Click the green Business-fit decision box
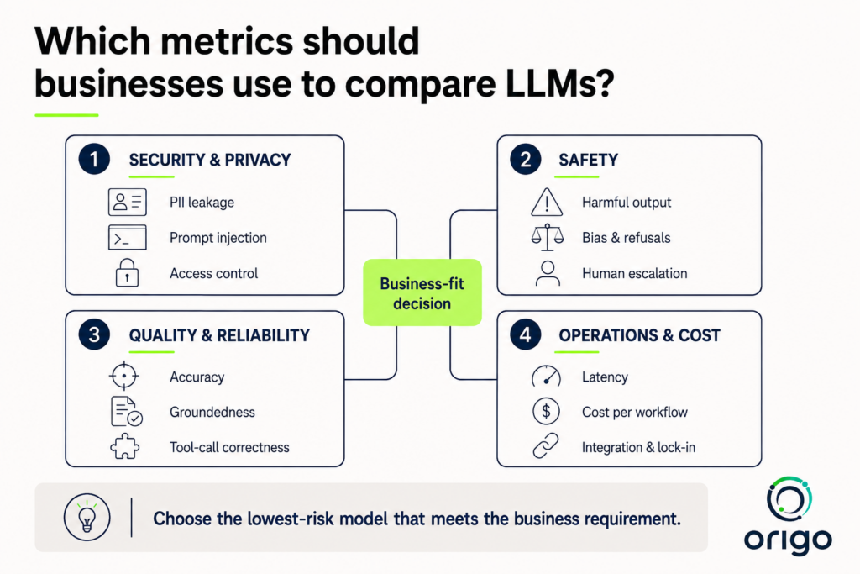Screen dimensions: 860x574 pyautogui.click(x=422, y=292)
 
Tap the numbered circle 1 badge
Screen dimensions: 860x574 pyautogui.click(x=94, y=159)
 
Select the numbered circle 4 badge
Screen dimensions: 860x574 pyautogui.click(x=526, y=334)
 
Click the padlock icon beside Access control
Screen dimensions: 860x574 pyautogui.click(x=127, y=273)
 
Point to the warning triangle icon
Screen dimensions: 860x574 pyautogui.click(x=546, y=202)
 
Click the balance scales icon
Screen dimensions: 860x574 pyautogui.click(x=547, y=238)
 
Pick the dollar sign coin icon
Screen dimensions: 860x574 pyautogui.click(x=546, y=412)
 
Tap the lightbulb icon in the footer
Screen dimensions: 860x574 pyautogui.click(x=87, y=518)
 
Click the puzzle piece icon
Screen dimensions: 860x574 pyautogui.click(x=125, y=447)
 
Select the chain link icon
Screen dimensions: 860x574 pyautogui.click(x=546, y=445)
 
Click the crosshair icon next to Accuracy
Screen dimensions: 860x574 pyautogui.click(x=124, y=376)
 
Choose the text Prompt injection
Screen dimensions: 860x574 pyautogui.click(x=218, y=238)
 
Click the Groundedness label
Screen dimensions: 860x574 pyautogui.click(x=212, y=412)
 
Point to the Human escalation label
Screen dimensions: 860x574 pyautogui.click(x=635, y=273)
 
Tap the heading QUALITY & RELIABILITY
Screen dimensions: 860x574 pyautogui.click(x=219, y=335)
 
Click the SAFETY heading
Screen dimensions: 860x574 pyautogui.click(x=589, y=160)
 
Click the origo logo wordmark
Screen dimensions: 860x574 pyautogui.click(x=788, y=540)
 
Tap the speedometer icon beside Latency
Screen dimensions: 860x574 pyautogui.click(x=546, y=377)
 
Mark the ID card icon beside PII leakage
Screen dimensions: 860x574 pyautogui.click(x=128, y=202)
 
